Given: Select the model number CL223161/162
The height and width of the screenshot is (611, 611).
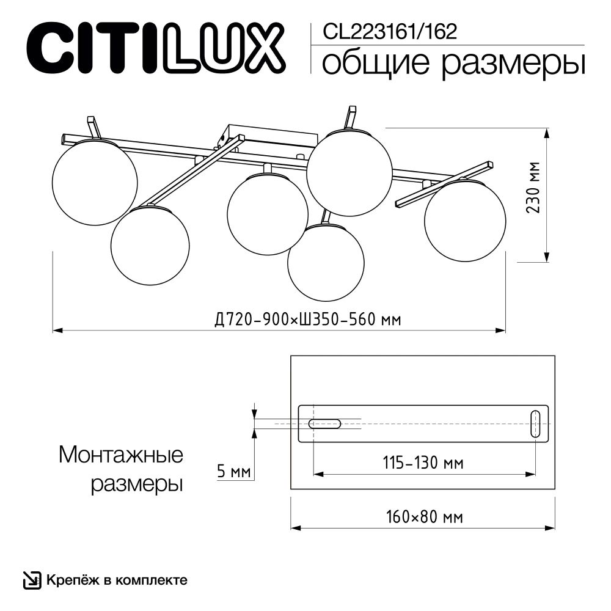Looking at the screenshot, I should (x=389, y=31).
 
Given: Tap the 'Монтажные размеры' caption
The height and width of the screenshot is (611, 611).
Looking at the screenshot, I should (x=122, y=469).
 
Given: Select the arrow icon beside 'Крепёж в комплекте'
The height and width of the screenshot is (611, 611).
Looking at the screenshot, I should (x=31, y=579).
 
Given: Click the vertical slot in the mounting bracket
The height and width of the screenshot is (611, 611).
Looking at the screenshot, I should (x=535, y=424).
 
